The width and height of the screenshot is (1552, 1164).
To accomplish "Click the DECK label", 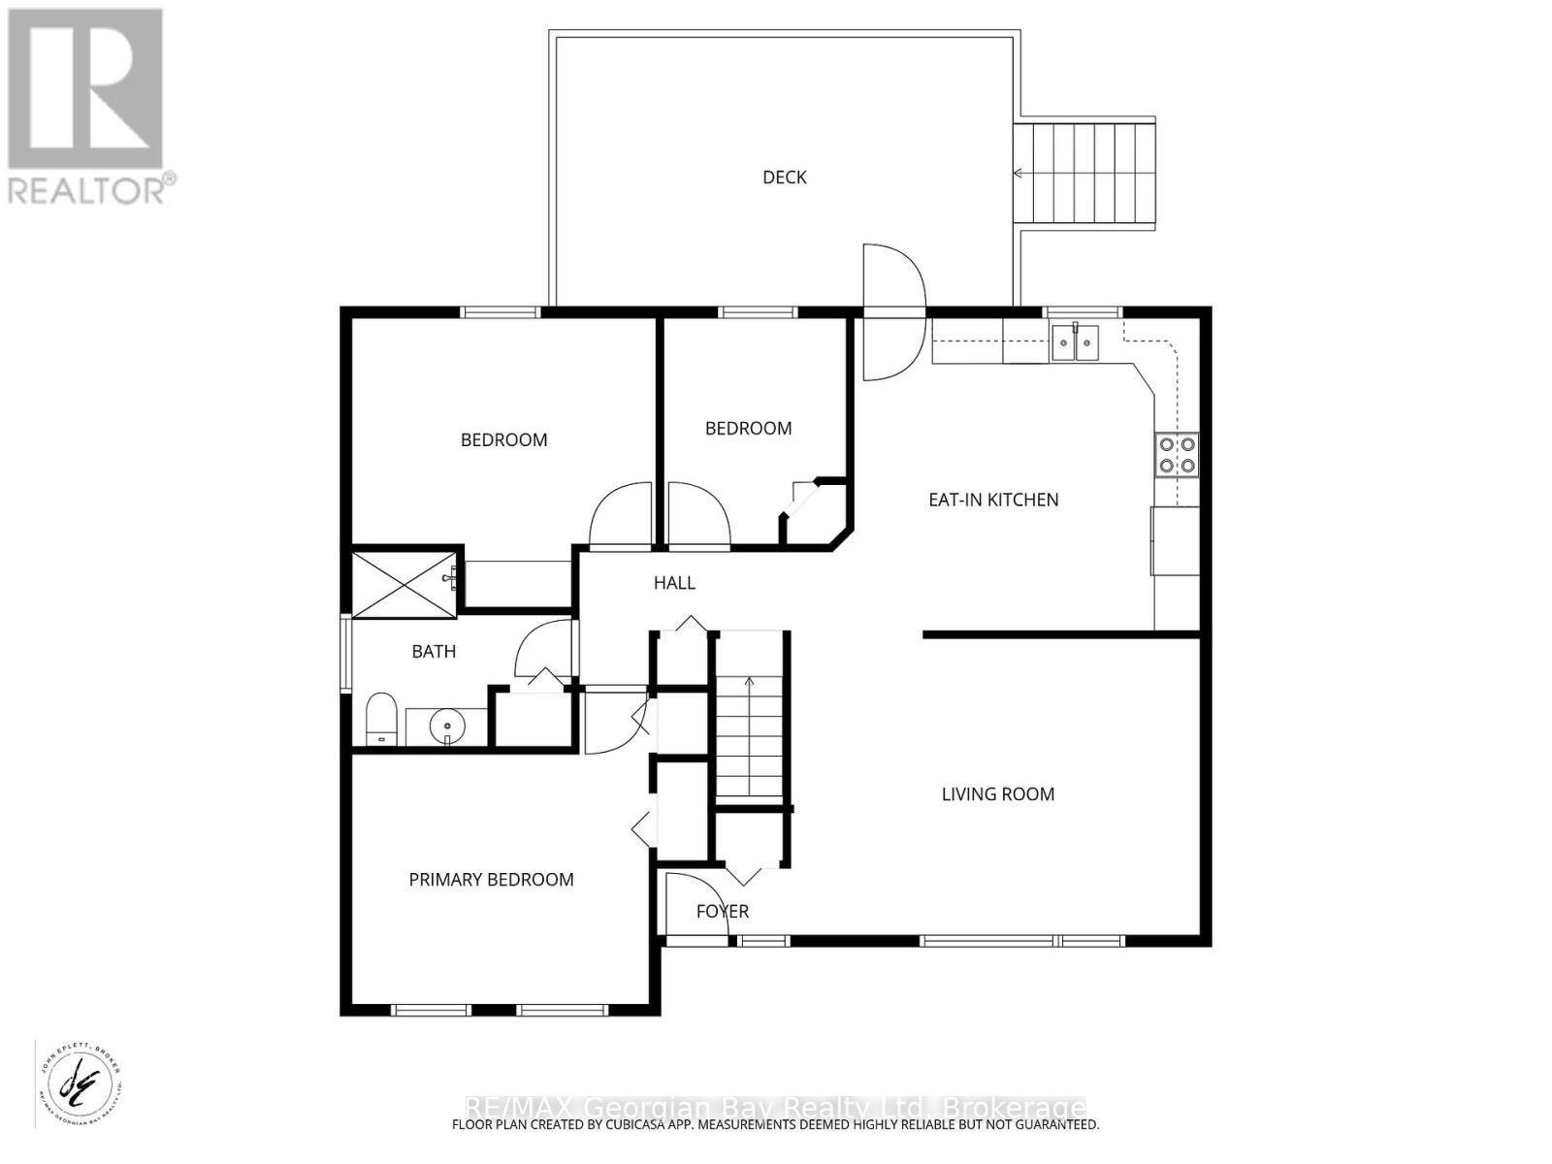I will [x=784, y=178].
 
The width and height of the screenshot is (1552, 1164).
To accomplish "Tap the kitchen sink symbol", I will [x=1075, y=342].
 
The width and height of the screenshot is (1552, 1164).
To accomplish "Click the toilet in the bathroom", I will [x=382, y=719].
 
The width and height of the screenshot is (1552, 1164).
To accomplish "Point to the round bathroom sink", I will [x=447, y=725].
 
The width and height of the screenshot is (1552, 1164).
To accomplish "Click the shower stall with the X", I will [x=403, y=584].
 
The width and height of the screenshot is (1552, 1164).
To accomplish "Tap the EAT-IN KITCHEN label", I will [x=993, y=500].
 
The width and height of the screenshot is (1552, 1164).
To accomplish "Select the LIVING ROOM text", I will [x=997, y=794].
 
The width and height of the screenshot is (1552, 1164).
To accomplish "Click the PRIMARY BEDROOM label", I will [x=491, y=880].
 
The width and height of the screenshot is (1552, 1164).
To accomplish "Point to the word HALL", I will [x=674, y=583].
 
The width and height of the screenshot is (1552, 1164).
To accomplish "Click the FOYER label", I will [x=723, y=912].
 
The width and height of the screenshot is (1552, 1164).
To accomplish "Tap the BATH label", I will [x=434, y=652].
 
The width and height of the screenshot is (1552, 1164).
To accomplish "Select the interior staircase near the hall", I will [x=749, y=718].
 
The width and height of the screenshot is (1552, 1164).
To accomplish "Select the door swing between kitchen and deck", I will [x=893, y=310].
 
